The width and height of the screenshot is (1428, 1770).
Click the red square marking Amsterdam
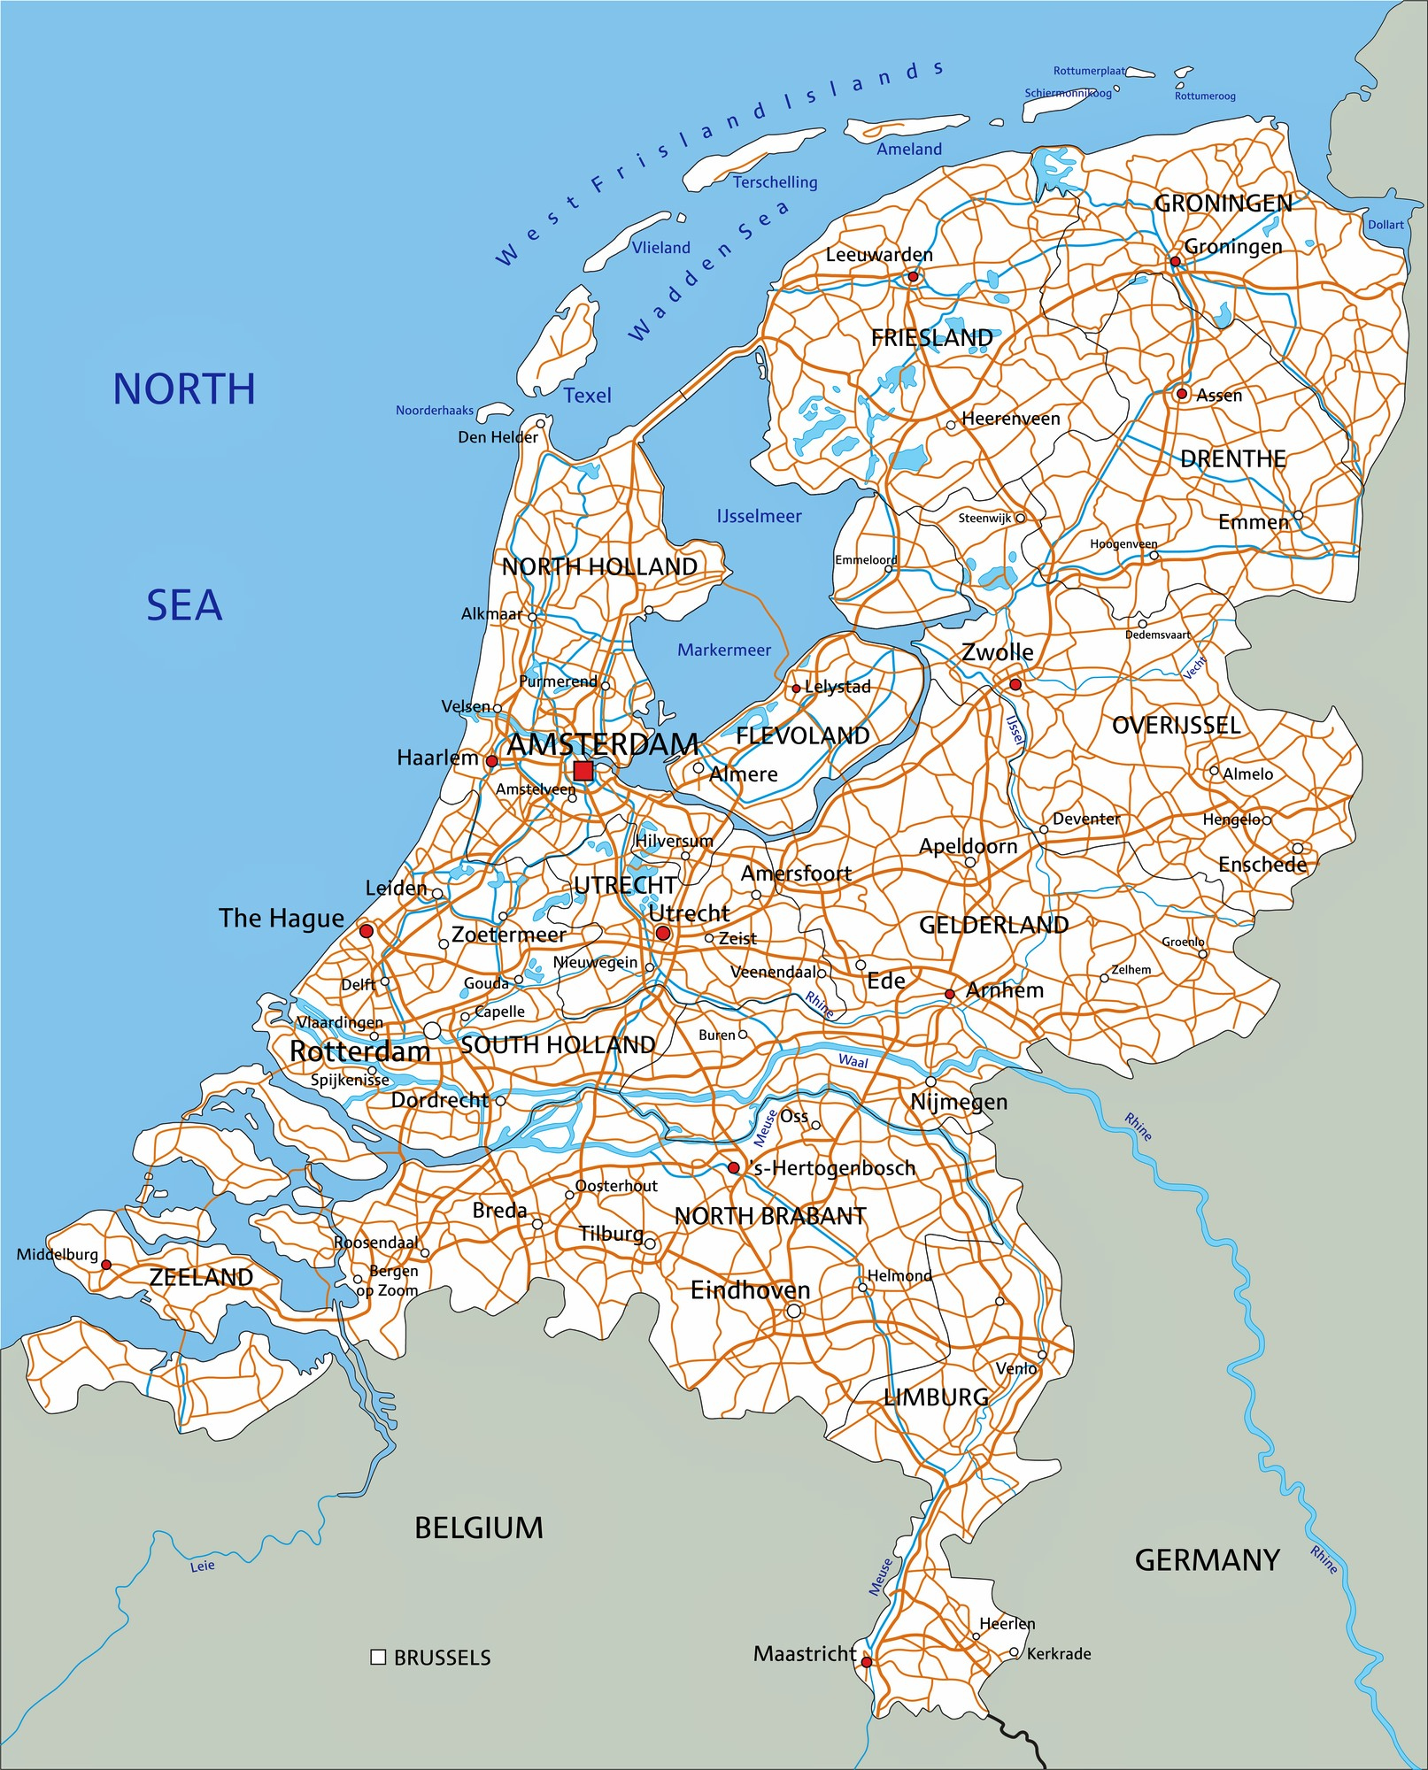pyautogui.click(x=583, y=771)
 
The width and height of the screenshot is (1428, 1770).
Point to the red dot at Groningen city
pyautogui.click(x=1175, y=261)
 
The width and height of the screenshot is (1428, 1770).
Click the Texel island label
pyautogui.click(x=588, y=396)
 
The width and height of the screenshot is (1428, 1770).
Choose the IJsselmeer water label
pyautogui.click(x=759, y=516)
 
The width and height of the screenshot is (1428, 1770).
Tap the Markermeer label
pyautogui.click(x=724, y=650)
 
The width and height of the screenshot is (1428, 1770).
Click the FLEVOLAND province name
pyautogui.click(x=802, y=735)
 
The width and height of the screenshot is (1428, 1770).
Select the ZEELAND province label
pyautogui.click(x=201, y=1277)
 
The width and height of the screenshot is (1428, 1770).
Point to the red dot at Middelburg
pyautogui.click(x=106, y=1265)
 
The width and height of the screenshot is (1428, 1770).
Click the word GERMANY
pyautogui.click(x=1207, y=1560)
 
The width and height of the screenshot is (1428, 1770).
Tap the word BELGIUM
pyautogui.click(x=479, y=1528)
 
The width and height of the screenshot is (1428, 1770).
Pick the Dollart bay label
pyautogui.click(x=1386, y=225)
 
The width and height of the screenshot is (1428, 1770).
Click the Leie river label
pyautogui.click(x=203, y=1566)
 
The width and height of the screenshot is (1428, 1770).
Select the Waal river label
pyautogui.click(x=853, y=1061)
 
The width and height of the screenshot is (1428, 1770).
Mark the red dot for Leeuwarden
pyautogui.click(x=913, y=277)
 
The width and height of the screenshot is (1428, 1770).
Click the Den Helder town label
pyautogui.click(x=498, y=437)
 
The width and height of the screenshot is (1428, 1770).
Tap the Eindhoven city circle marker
pyautogui.click(x=794, y=1311)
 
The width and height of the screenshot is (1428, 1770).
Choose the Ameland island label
pyautogui.click(x=909, y=150)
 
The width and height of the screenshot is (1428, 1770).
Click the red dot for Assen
pyautogui.click(x=1182, y=394)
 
